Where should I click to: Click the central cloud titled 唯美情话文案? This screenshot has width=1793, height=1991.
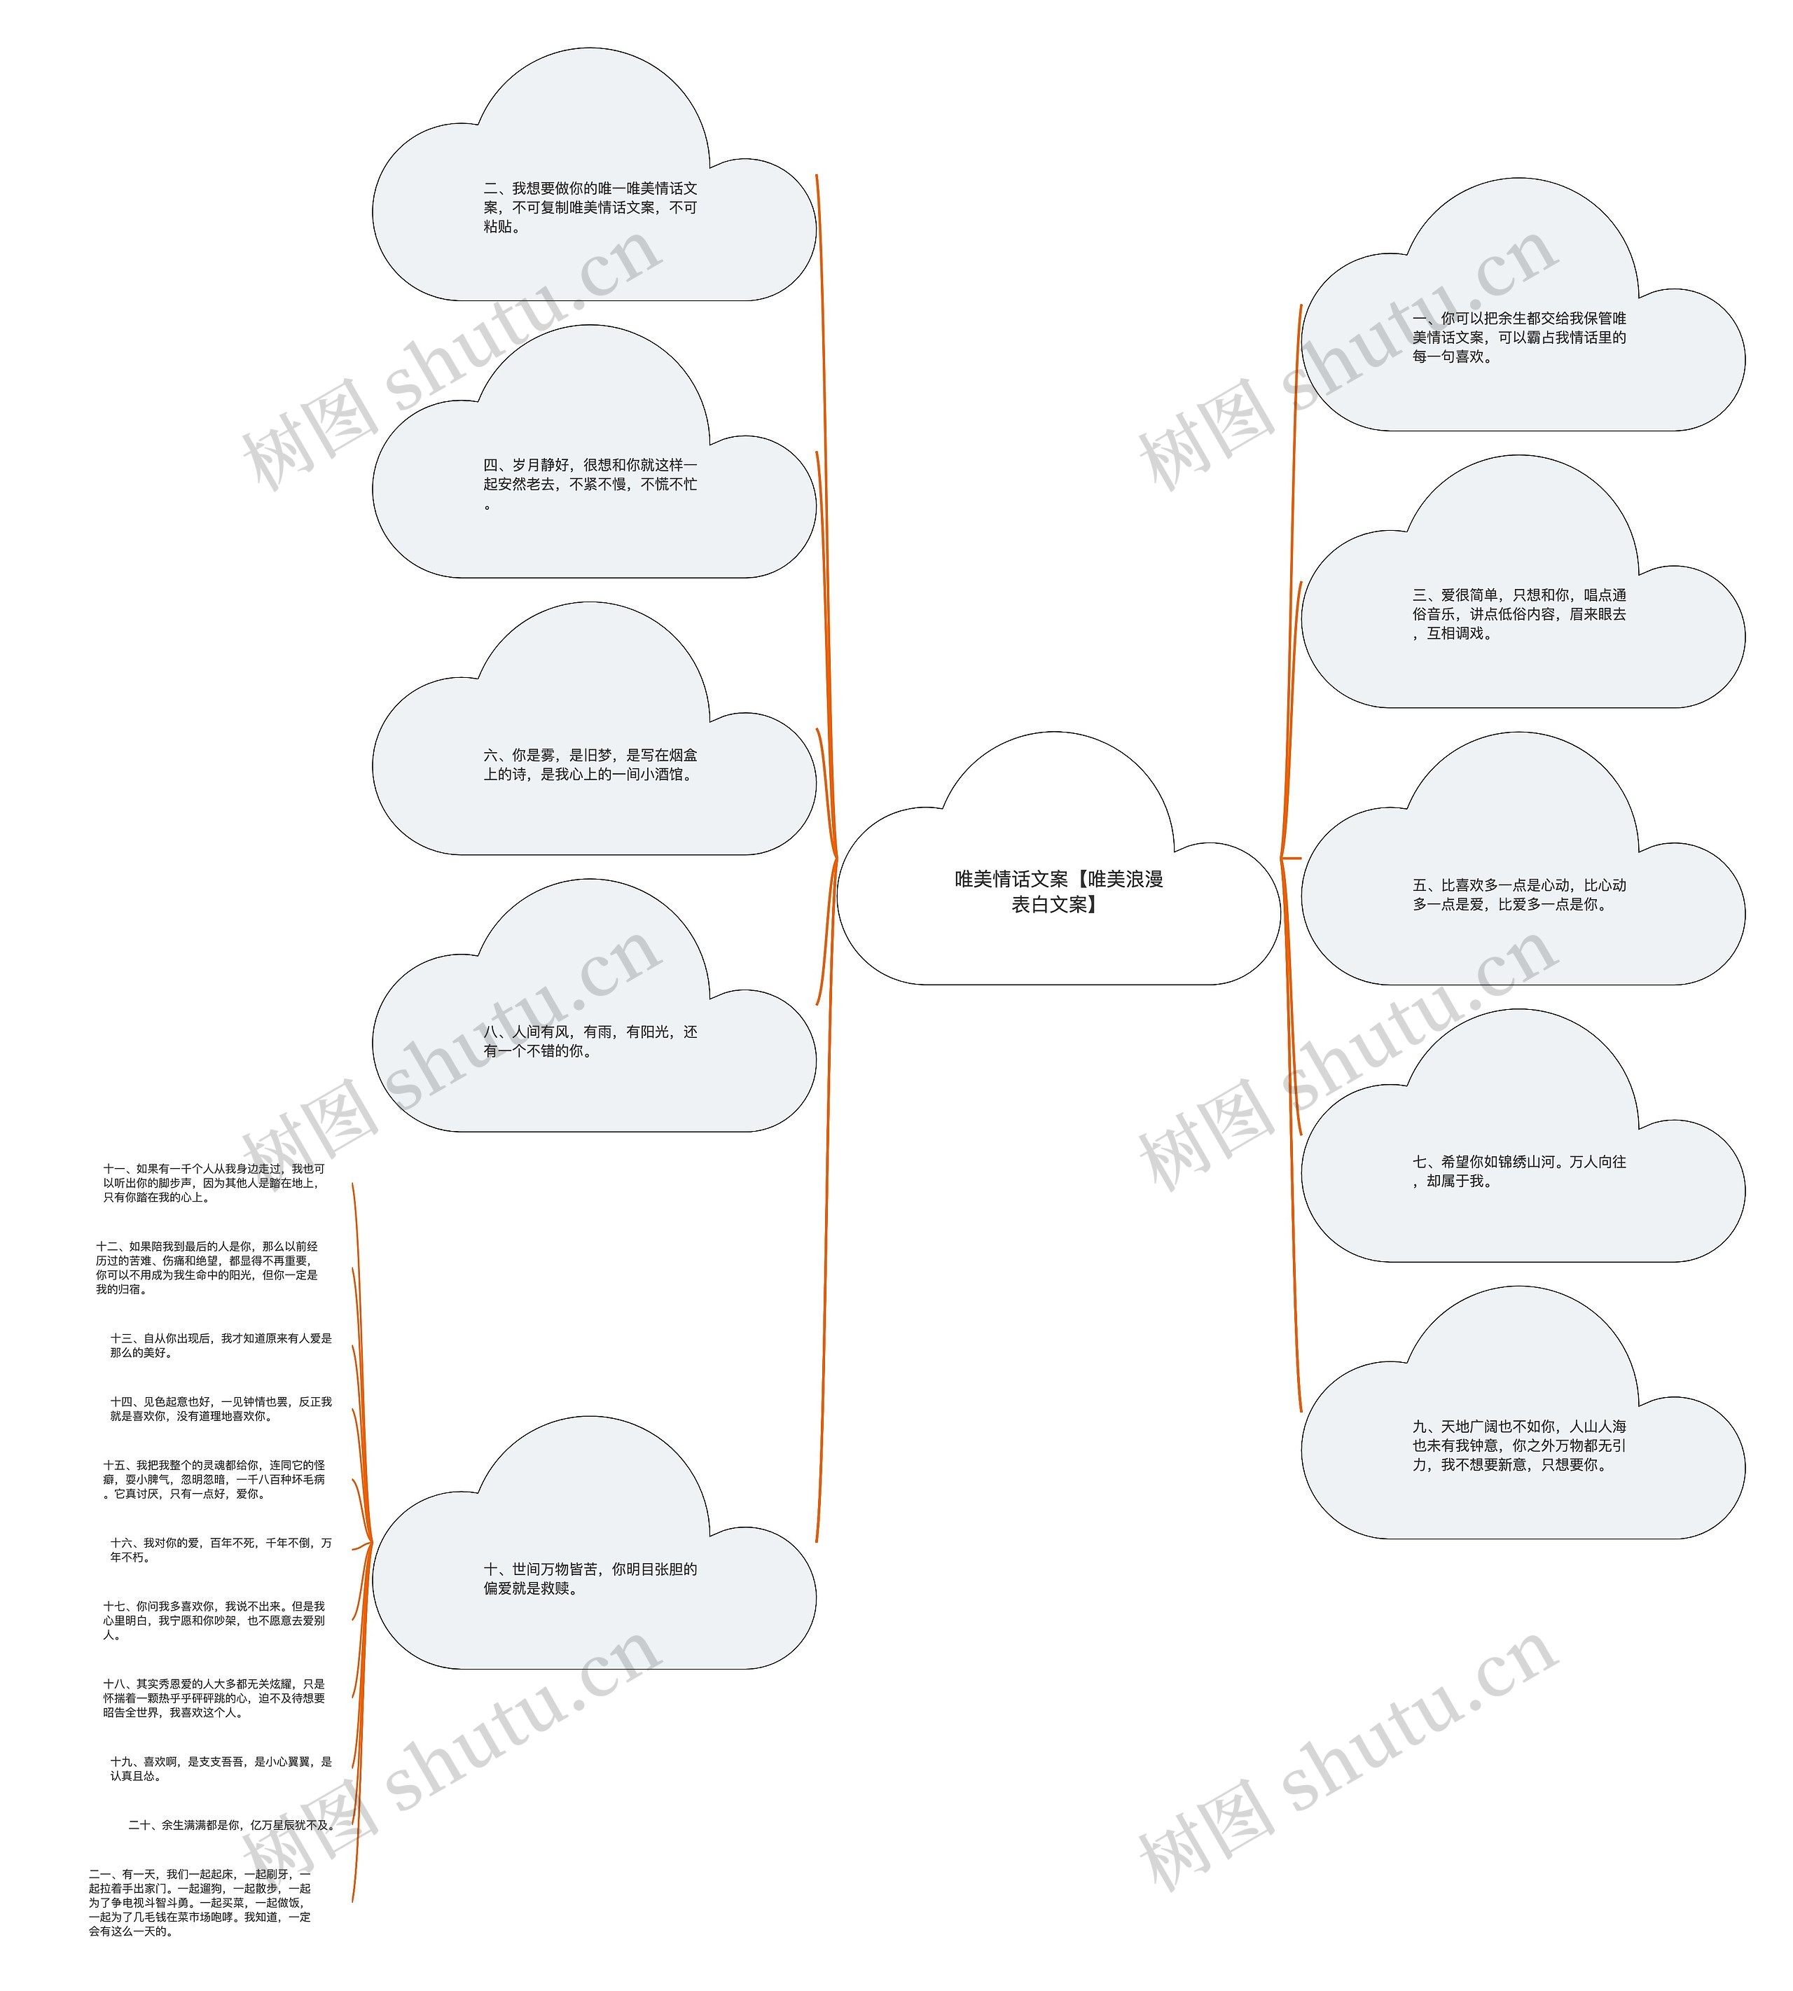click(1058, 891)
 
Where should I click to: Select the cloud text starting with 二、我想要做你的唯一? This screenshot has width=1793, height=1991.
click(590, 207)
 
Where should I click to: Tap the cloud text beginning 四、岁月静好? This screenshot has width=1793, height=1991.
click(590, 484)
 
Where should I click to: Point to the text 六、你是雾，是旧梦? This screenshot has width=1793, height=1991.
click(590, 765)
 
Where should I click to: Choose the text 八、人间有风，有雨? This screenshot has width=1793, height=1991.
click(590, 1041)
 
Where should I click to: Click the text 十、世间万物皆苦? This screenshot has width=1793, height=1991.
click(590, 1579)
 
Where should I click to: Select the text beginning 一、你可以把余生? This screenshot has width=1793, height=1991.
click(1518, 337)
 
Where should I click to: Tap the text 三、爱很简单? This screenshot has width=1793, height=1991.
click(1518, 613)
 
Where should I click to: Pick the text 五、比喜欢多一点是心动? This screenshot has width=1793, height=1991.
click(1518, 894)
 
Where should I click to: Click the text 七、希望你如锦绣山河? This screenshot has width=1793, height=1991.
click(1518, 1172)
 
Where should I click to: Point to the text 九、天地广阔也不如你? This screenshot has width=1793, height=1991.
click(1518, 1445)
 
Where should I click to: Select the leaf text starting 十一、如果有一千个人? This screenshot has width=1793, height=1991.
click(214, 1183)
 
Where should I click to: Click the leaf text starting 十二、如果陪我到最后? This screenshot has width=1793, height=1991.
click(207, 1268)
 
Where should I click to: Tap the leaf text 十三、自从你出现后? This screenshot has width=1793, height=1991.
click(221, 1346)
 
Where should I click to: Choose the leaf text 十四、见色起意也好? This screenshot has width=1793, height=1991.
click(221, 1409)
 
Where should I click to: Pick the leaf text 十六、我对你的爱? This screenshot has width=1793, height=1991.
click(221, 1550)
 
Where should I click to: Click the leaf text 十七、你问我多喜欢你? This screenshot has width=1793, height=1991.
click(214, 1621)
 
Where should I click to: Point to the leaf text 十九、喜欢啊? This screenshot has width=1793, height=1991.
click(221, 1768)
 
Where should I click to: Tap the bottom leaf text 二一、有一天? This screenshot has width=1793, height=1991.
click(200, 1902)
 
